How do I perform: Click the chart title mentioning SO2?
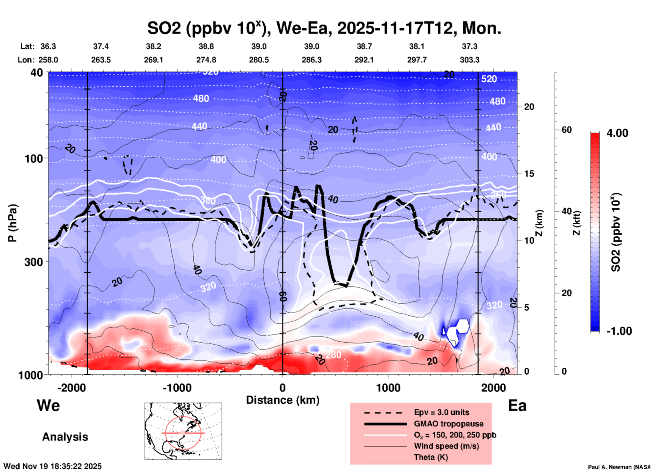[x=324, y=28]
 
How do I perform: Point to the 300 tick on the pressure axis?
[x=34, y=262]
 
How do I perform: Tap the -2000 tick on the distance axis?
[x=71, y=388]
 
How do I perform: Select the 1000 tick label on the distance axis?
[x=388, y=388]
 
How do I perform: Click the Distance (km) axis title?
[x=283, y=400]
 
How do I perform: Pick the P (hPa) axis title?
[x=13, y=223]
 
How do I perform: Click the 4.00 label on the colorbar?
[x=617, y=133]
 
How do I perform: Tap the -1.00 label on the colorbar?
[x=619, y=331]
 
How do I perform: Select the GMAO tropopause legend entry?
[x=449, y=424]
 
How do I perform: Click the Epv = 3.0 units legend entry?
[x=441, y=412]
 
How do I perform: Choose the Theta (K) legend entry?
[x=431, y=457]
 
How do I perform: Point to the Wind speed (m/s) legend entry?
[x=446, y=446]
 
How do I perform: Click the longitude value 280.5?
[x=259, y=60]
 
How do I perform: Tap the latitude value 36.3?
[x=48, y=46]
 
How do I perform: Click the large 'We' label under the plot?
[x=48, y=405]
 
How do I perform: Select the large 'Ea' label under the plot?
[x=517, y=405]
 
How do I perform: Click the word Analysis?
[x=65, y=437]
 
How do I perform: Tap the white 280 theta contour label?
[x=333, y=355]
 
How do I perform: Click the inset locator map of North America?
[x=183, y=431]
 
